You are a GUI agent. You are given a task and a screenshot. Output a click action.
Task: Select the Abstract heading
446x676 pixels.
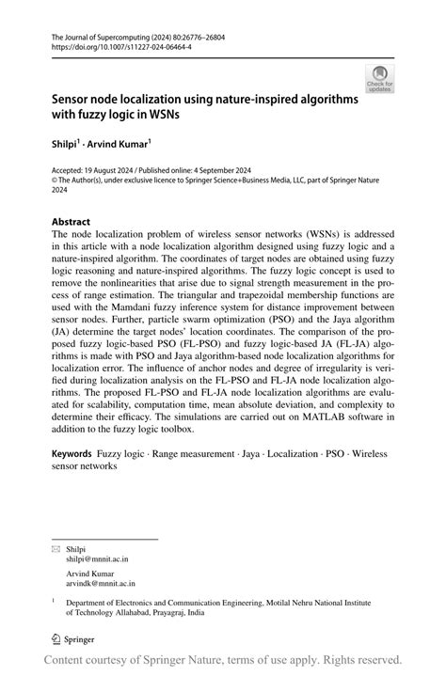click(x=77, y=223)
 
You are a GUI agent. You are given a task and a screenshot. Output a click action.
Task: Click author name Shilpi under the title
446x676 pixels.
click(x=66, y=147)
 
